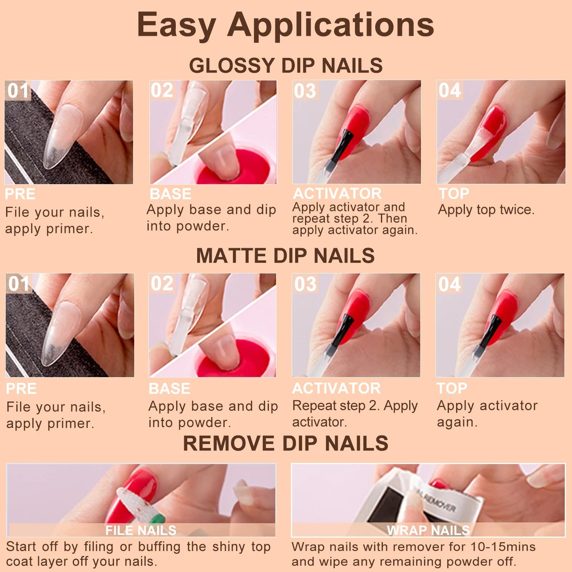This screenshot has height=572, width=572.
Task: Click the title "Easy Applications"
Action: pyautogui.click(x=285, y=25)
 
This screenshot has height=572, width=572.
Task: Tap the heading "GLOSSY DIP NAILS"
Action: pyautogui.click(x=285, y=66)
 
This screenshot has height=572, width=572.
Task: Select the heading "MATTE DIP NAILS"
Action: pyautogui.click(x=285, y=256)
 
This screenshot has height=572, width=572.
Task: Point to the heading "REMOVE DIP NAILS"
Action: pyautogui.click(x=285, y=443)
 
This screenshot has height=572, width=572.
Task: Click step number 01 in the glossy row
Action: pyautogui.click(x=18, y=91)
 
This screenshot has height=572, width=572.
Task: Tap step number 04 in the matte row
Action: pyautogui.click(x=449, y=284)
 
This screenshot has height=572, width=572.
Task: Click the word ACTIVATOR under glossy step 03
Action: pyautogui.click(x=337, y=194)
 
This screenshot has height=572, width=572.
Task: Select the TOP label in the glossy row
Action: pyautogui.click(x=454, y=194)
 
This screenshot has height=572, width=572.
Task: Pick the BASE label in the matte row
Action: pyautogui.click(x=169, y=389)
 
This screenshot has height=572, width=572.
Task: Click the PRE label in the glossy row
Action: pyautogui.click(x=20, y=194)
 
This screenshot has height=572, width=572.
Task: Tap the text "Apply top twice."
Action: pyautogui.click(x=486, y=210)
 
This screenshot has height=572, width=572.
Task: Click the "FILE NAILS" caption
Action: pyautogui.click(x=141, y=530)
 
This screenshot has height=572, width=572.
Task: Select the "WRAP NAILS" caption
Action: pyautogui.click(x=428, y=530)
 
